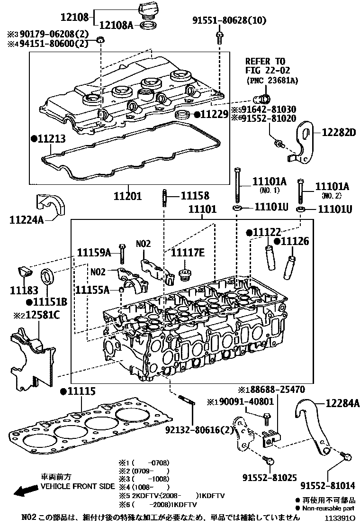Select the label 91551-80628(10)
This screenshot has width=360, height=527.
(229, 20)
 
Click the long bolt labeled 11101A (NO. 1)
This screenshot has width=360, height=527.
(236, 184)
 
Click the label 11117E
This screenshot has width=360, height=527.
(188, 253)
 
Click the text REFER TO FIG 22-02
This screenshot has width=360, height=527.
(265, 66)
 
